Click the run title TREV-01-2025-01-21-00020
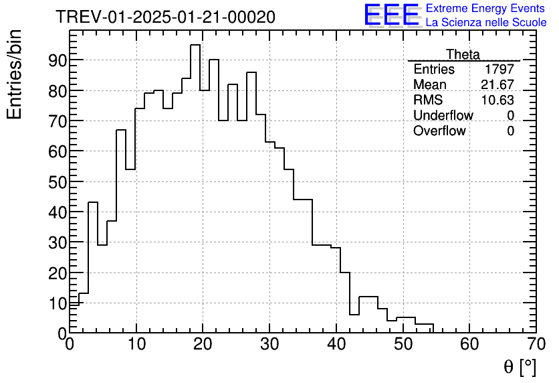coord(165,17)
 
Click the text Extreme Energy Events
coord(485,9)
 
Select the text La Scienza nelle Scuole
coord(485,22)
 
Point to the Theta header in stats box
coord(463,54)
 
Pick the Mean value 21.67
coord(497,85)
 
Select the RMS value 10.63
coord(497,100)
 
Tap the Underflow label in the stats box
coord(443,116)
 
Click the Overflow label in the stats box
coord(439,131)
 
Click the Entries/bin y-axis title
coord(15,75)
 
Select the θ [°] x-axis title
coord(520,367)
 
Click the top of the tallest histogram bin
coord(195,46)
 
